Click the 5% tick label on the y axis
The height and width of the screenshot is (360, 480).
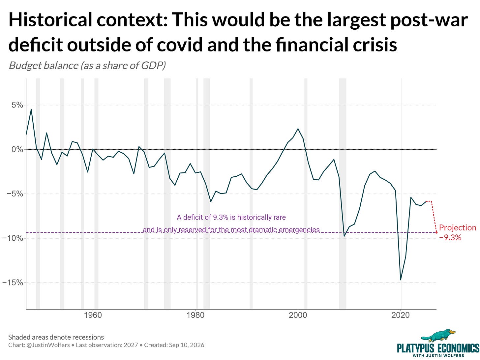[x=17, y=105]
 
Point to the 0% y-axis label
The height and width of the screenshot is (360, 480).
[x=17, y=150]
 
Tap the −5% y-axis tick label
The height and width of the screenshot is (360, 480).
[x=15, y=194]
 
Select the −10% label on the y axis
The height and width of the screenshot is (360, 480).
[x=13, y=238]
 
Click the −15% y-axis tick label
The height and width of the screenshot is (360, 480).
[x=13, y=283]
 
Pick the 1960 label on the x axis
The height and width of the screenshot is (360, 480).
[x=93, y=315]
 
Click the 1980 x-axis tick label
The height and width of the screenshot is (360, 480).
[x=195, y=315]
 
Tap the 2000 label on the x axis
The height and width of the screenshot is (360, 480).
[x=298, y=315]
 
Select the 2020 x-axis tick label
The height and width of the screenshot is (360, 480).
[x=401, y=315]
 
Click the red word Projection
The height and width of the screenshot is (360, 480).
[x=458, y=228]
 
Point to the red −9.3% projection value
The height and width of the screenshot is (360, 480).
[x=450, y=238]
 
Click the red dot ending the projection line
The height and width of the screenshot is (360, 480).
[x=436, y=232]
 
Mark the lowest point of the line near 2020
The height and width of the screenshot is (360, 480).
[x=401, y=280]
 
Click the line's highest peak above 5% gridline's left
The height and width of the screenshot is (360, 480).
[x=31, y=109]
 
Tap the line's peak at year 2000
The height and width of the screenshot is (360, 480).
[x=298, y=129]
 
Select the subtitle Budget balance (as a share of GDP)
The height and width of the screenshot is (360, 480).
[x=87, y=65]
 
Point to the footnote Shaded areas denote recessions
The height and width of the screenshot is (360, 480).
[x=56, y=337]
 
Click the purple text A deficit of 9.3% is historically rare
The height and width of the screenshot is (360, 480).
[x=231, y=217]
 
